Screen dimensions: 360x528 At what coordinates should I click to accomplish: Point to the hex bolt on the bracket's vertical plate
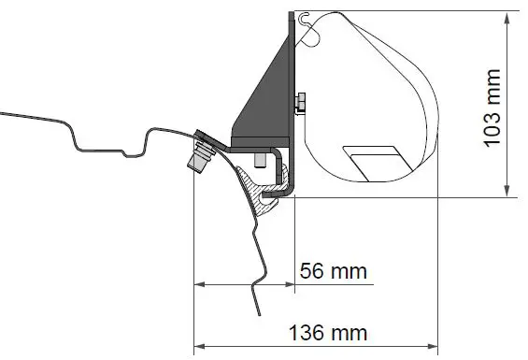pos(301,102)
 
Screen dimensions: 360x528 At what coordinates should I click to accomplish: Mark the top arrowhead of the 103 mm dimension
pos(507,14)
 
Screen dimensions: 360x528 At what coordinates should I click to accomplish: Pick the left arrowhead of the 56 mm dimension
pos(196,284)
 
